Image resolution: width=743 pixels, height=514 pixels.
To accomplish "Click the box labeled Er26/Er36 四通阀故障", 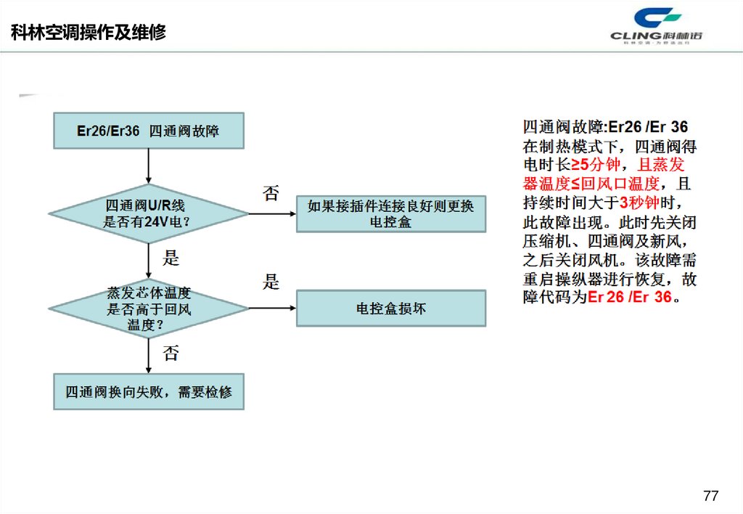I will coord(148,131).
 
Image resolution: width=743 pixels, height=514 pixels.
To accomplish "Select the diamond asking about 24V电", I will coord(148,214).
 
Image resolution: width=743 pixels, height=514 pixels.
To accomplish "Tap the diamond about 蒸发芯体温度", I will coord(148,309).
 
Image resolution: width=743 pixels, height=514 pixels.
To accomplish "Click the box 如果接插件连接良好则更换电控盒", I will coord(390,214).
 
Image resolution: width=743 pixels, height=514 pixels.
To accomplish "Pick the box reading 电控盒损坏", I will coord(390,309).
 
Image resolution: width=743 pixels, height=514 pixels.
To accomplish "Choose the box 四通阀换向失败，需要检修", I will coord(148,392).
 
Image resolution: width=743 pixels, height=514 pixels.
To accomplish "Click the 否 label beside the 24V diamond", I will coord(270,193).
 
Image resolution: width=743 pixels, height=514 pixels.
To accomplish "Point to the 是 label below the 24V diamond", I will coord(171,258).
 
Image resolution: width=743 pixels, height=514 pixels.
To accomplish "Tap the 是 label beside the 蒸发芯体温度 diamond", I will coord(271,282).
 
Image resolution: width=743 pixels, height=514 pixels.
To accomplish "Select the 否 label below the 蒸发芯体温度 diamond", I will coord(171,354).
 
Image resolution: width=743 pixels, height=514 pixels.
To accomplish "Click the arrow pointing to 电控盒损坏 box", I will coord(272,309).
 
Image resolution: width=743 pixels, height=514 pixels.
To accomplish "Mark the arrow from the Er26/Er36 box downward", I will coord(148,166).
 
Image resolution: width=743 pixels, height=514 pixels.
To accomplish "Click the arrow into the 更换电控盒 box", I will coord(272,214).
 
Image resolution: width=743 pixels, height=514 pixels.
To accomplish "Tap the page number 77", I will coord(710,496).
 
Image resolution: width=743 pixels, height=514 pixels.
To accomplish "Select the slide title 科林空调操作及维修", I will coord(89,33).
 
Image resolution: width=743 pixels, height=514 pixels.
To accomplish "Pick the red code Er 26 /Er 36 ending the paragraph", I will coord(629,297).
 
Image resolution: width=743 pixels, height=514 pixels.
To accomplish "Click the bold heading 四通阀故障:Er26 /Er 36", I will coord(605,127).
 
